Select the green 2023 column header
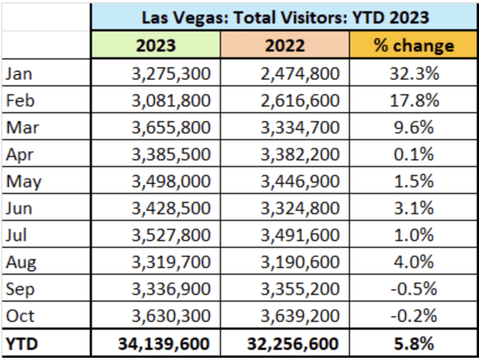156,46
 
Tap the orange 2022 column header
284,46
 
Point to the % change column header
414,46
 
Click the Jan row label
19,74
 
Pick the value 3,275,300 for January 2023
171,74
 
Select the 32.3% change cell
414,73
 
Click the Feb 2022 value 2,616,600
300,100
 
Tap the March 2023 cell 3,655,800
171,127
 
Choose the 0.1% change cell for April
414,154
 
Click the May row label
23,182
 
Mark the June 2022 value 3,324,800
300,208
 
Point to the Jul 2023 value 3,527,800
171,235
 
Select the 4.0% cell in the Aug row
414,262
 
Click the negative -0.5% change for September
414,289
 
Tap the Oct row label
20,316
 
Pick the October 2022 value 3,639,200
300,316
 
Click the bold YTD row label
22,344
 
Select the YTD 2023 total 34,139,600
164,344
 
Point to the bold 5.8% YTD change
414,344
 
